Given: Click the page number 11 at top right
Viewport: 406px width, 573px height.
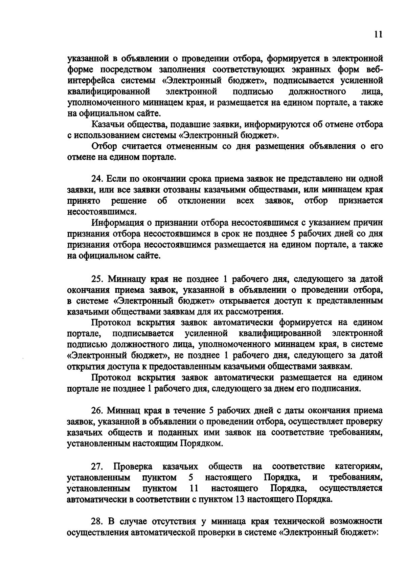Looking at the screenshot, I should (x=379, y=35).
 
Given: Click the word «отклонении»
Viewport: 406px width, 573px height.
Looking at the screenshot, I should (x=202, y=201).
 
